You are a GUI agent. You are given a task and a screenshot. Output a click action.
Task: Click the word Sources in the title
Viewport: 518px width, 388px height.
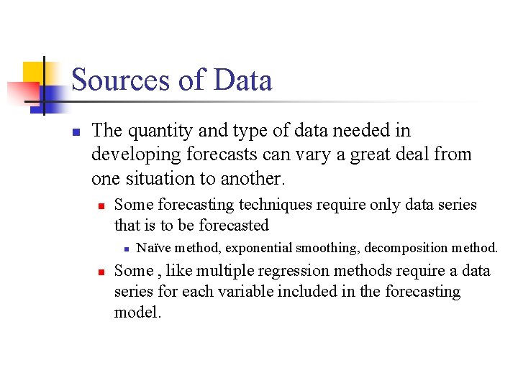119,80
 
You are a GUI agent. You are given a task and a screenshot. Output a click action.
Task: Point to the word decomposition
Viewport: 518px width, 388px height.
406,248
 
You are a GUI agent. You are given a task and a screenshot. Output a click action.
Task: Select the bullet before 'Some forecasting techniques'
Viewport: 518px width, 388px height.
102,205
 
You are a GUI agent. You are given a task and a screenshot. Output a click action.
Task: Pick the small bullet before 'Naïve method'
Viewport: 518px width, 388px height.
125,249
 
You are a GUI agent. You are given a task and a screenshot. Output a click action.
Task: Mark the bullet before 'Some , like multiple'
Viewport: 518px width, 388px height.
102,272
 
